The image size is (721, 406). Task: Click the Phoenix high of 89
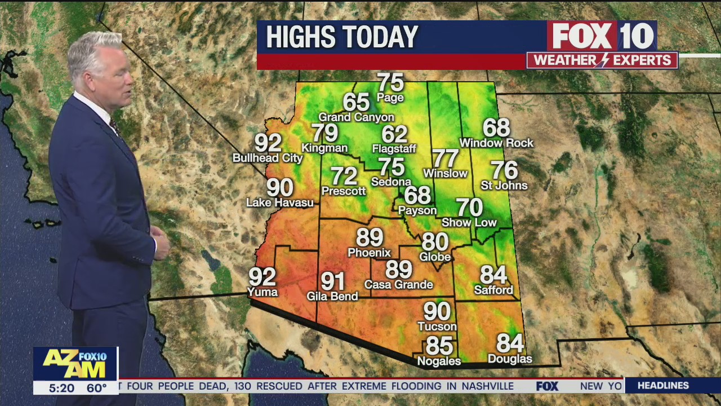[x=370, y=237]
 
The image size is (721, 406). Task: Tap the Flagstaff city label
[x=394, y=149]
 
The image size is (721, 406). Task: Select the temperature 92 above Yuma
[x=262, y=277]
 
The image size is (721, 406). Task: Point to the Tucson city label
[x=437, y=326]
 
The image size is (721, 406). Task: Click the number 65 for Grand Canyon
[x=356, y=102]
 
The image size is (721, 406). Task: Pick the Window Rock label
[x=496, y=143]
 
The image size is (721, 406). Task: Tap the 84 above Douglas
[x=510, y=343]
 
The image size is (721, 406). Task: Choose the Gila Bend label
[x=332, y=296]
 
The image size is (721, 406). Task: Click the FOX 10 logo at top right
[x=602, y=37]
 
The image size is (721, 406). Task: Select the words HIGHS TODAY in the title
[x=342, y=37]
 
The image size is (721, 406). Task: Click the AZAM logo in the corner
[x=75, y=364]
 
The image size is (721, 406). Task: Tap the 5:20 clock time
[x=61, y=388]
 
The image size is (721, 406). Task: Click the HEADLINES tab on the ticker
[x=663, y=386]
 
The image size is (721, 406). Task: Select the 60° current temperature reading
[x=96, y=388]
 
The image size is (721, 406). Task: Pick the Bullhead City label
[x=268, y=158]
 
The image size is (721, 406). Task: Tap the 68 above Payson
[x=417, y=195]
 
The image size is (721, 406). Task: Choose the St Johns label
[x=504, y=186]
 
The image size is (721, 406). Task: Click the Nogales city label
[x=439, y=361]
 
